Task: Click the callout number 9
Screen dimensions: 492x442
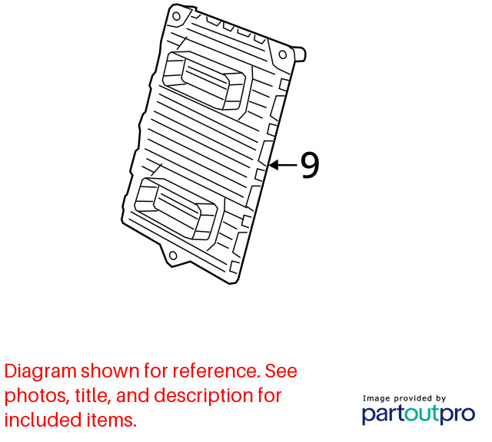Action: click(310, 165)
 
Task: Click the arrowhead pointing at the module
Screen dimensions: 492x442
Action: click(274, 165)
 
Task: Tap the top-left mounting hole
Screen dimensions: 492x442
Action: click(177, 16)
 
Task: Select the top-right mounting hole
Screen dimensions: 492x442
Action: click(283, 54)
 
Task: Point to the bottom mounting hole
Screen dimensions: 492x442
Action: click(173, 256)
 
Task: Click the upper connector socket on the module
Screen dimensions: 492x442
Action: click(204, 81)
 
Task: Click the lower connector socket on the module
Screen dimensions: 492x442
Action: click(176, 208)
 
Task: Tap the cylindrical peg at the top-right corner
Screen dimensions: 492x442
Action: click(299, 54)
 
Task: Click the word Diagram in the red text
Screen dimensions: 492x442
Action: click(41, 372)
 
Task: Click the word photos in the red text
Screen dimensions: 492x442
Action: click(35, 396)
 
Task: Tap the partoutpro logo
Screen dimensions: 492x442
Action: click(418, 414)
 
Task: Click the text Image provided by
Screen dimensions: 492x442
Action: click(404, 398)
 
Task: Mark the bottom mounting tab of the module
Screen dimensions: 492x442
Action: click(174, 256)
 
